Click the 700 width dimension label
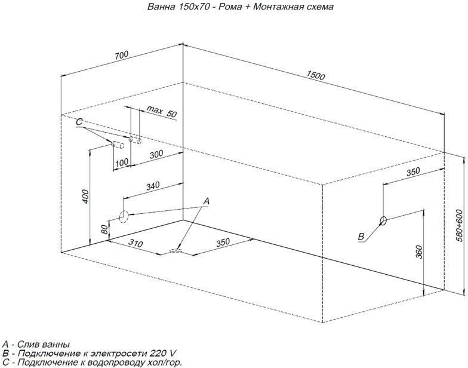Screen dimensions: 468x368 click(x=121, y=55)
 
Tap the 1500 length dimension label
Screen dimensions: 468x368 click(x=316, y=75)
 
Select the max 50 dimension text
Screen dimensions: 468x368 click(x=161, y=112)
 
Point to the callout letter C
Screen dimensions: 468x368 click(x=79, y=122)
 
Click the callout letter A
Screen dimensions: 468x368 click(x=207, y=201)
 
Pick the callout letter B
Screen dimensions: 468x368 click(x=361, y=237)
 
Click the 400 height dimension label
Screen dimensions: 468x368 click(x=86, y=196)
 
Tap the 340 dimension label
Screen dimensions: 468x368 click(x=153, y=186)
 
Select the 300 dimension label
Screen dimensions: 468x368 click(x=156, y=154)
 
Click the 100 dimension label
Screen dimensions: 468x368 click(x=122, y=162)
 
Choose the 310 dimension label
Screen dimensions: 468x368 click(x=136, y=243)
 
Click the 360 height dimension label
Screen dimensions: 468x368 click(x=419, y=252)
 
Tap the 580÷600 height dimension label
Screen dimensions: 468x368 click(x=459, y=222)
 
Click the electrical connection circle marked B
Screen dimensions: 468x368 click(x=383, y=220)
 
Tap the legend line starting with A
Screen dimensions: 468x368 click(x=36, y=345)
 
